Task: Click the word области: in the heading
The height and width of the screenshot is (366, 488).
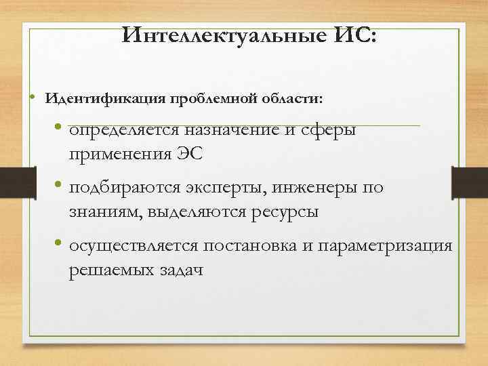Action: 291,99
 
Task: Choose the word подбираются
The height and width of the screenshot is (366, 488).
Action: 124,188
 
